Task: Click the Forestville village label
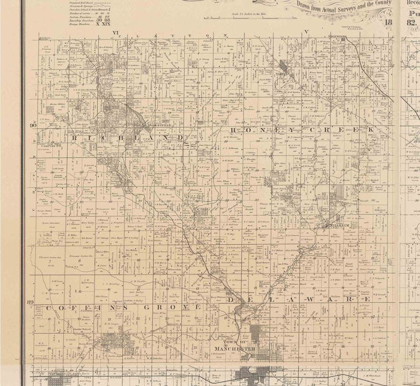click(x=159, y=125)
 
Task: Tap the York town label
click(x=280, y=75)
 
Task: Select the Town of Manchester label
click(x=235, y=346)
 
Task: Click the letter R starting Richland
click(x=75, y=138)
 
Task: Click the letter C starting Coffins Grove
click(x=48, y=308)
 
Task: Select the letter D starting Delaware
click(x=231, y=300)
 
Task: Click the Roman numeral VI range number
click(x=116, y=33)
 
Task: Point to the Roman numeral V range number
click(x=306, y=33)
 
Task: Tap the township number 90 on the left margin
click(x=33, y=125)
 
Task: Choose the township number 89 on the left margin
click(x=30, y=302)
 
